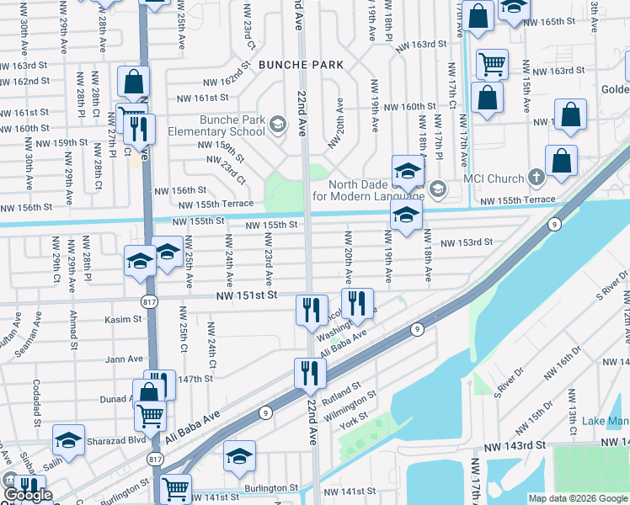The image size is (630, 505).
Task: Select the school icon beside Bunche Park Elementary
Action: click(x=277, y=125)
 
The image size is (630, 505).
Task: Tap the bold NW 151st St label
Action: click(x=246, y=295)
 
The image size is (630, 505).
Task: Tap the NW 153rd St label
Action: click(x=464, y=242)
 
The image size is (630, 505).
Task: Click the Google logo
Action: click(x=28, y=495)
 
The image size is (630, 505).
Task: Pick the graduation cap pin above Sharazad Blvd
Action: click(x=69, y=440)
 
